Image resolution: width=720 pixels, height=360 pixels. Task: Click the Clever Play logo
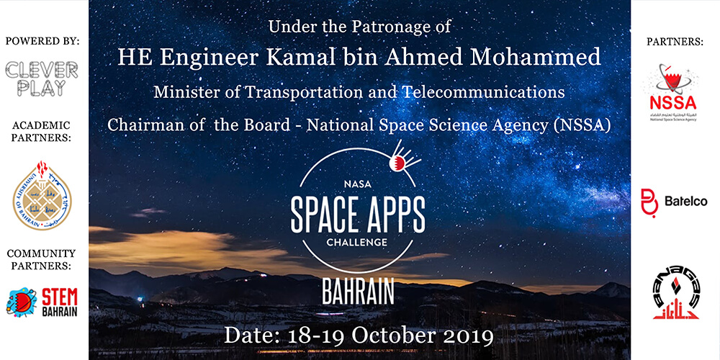tap(42, 78)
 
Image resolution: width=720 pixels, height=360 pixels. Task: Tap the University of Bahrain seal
tap(42, 195)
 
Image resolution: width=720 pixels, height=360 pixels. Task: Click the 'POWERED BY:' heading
tap(42, 41)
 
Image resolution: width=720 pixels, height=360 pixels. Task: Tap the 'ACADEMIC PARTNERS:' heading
tap(42, 130)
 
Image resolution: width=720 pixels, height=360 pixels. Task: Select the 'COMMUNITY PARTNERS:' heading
tap(42, 259)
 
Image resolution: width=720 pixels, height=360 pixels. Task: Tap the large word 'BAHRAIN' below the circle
tap(358, 290)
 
